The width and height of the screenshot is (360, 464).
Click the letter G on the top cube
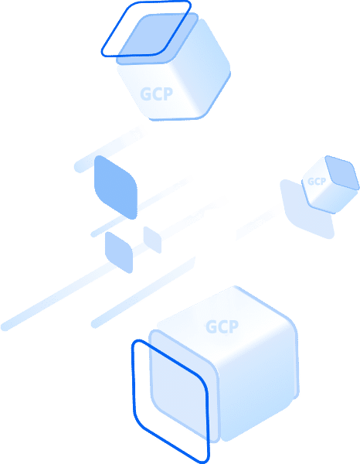[145, 94]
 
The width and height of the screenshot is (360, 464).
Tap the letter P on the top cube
[168, 94]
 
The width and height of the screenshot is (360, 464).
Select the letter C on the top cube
[157, 94]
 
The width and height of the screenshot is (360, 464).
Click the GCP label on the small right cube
[317, 182]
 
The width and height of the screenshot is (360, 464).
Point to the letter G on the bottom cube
[212, 327]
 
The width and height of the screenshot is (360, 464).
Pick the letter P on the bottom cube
[233, 326]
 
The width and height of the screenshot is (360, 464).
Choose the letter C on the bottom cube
[222, 326]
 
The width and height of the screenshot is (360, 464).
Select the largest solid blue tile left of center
[116, 187]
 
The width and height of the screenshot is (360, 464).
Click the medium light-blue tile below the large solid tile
[119, 252]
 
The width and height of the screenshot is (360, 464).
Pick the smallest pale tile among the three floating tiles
[152, 240]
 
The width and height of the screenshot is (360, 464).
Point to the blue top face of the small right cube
[342, 172]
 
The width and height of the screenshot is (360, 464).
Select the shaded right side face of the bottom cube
[259, 384]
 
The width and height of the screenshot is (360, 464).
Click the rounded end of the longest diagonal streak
[5, 326]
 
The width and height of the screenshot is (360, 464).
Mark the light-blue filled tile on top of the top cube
[158, 39]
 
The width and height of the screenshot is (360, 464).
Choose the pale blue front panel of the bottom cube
[184, 384]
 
